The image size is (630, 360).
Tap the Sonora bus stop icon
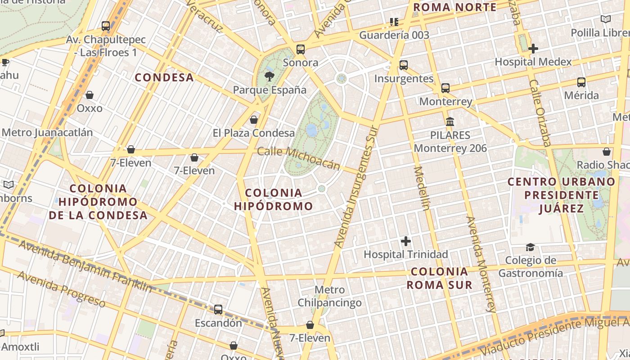pos(300,49)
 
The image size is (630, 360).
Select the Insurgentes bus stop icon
pos(404,65)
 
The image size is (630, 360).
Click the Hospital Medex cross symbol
pos(533,48)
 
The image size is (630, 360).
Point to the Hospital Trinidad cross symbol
pos(406,241)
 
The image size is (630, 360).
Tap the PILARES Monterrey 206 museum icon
pos(450,121)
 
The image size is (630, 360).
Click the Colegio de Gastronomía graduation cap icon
pos(530,247)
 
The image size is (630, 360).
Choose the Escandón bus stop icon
pos(218,310)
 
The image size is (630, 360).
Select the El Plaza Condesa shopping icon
pos(254,120)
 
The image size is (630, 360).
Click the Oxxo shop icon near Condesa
pos(90,95)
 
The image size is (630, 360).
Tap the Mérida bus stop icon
pos(581,82)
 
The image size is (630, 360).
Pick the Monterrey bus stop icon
pos(445,88)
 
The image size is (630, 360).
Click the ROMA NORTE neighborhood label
pos(454,7)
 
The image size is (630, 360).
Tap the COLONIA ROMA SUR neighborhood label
pos(440,278)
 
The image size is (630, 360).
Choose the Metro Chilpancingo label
pos(330,296)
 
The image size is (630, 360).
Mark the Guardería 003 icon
pos(394,22)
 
